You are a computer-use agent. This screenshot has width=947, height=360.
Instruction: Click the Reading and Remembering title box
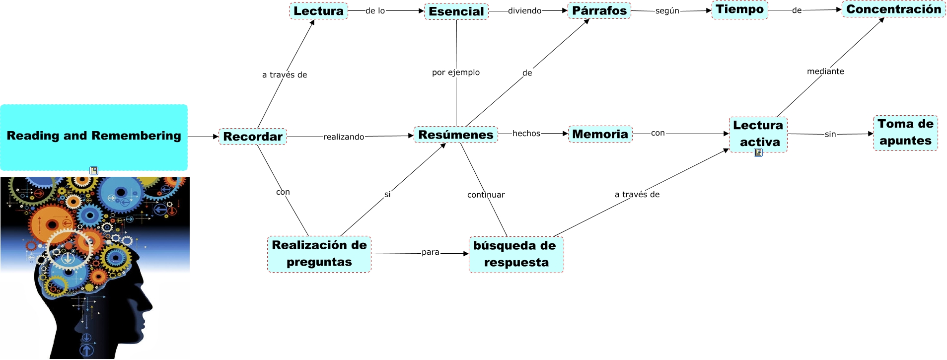[x=94, y=137]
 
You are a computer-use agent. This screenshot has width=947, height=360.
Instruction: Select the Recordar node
[x=253, y=137]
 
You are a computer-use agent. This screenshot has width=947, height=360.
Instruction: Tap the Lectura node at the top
[x=318, y=11]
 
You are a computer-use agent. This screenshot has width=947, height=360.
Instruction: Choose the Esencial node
[x=456, y=11]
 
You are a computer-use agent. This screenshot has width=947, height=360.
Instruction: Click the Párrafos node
[x=599, y=10]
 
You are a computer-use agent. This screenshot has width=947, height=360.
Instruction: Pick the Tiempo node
[x=739, y=9]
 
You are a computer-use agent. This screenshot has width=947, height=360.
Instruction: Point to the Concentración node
[x=893, y=9]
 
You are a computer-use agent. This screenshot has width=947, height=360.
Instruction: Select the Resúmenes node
[x=455, y=135]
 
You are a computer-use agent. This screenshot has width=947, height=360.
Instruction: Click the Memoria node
[x=600, y=134]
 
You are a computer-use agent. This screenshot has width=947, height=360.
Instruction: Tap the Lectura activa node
[x=758, y=134]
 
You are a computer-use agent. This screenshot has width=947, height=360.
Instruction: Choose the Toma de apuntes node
[x=905, y=133]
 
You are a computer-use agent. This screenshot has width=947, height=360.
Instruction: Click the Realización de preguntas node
[x=319, y=254]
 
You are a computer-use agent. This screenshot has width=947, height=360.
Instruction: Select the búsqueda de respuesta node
[x=516, y=254]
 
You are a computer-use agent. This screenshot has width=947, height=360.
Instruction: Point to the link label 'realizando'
[x=344, y=137]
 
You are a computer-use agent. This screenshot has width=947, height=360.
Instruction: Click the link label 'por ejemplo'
[x=456, y=72]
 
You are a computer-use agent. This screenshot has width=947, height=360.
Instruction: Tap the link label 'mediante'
[x=825, y=72]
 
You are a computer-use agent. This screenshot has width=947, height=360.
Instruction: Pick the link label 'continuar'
[x=486, y=195]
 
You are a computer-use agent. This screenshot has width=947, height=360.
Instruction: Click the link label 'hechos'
[x=526, y=133]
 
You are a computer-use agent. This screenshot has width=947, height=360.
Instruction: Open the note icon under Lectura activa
[x=758, y=153]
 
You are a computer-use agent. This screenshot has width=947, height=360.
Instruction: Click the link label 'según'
[x=667, y=11]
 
